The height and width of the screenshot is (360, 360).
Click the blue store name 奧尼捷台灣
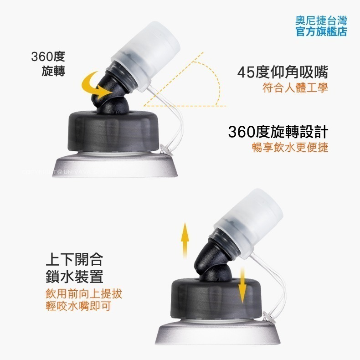click(321, 21)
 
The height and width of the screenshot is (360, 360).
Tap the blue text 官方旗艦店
click(321, 31)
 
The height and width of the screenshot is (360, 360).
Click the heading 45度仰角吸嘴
click(283, 72)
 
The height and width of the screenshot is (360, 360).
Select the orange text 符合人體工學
click(295, 87)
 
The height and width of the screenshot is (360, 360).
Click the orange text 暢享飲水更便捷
click(290, 148)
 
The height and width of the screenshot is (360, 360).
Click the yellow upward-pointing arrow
click(184, 240)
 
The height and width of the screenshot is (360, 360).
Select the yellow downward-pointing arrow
click(242, 280)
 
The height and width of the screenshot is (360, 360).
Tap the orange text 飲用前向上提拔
click(84, 293)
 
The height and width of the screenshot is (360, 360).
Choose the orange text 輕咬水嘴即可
click(78, 306)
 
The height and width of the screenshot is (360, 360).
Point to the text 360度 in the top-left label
click(48, 57)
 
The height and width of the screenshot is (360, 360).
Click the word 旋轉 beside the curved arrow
click(53, 71)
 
